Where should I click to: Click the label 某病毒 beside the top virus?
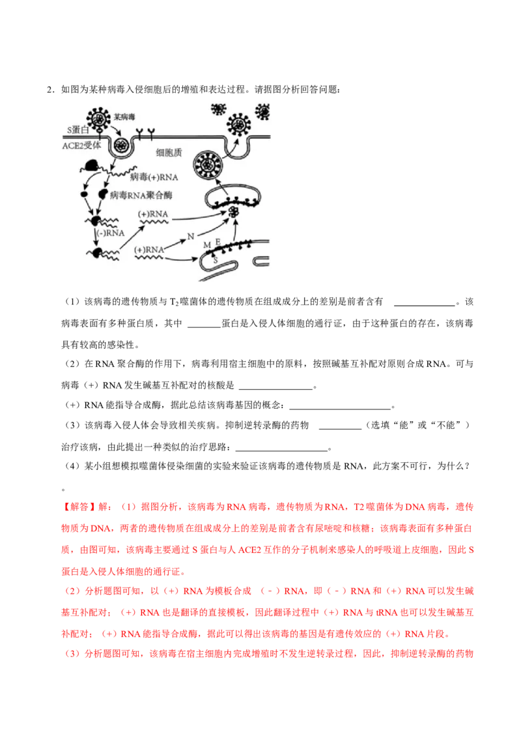125,117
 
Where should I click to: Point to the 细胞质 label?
169,153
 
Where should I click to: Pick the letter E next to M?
218,243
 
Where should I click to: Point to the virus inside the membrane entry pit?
121,145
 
